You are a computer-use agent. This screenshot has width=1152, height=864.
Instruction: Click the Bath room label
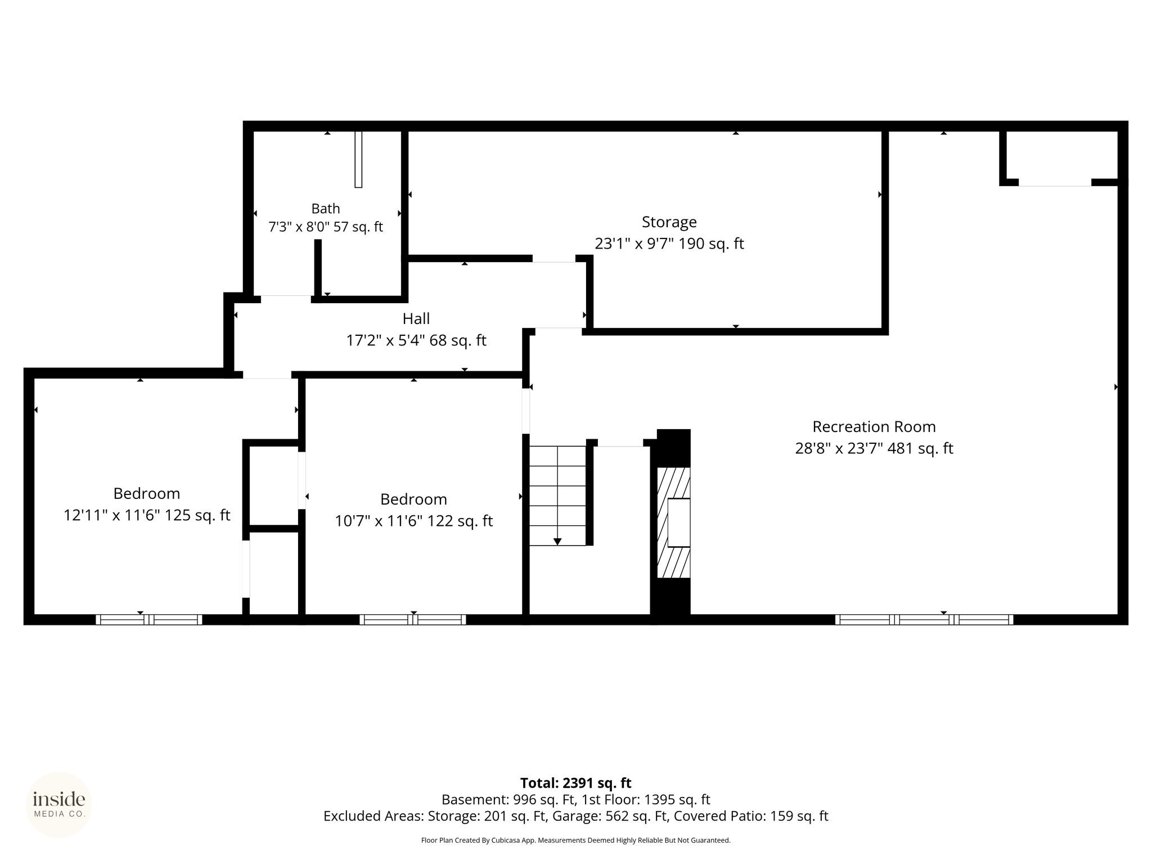(326, 209)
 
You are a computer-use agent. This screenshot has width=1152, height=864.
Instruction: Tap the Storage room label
(669, 222)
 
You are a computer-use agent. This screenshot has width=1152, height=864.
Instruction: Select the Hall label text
(416, 318)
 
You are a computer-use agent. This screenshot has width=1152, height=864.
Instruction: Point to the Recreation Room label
(874, 427)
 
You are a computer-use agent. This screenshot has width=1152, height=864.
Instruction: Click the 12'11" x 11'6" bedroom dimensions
(147, 515)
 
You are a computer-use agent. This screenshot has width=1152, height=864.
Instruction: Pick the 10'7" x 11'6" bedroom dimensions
(413, 521)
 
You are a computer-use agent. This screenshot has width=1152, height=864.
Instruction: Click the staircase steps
(557, 496)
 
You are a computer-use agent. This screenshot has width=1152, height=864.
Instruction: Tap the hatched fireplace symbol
(673, 523)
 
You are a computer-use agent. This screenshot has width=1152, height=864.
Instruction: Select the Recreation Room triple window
(924, 620)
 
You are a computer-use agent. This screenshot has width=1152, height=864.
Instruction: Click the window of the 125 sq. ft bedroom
(148, 620)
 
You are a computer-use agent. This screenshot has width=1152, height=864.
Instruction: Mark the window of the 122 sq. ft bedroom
(413, 620)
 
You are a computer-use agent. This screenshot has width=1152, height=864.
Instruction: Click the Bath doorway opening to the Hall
(286, 299)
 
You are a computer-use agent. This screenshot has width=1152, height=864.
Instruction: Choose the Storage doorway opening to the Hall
(554, 259)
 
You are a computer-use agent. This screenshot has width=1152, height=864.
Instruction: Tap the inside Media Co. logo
(59, 804)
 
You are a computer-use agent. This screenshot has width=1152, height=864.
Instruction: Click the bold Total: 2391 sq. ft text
(575, 783)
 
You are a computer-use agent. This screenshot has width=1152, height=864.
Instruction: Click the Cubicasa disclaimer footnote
(575, 840)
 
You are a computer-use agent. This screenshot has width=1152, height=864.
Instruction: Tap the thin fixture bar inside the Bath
(358, 159)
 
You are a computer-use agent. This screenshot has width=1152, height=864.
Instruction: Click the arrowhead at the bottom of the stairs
(557, 542)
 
